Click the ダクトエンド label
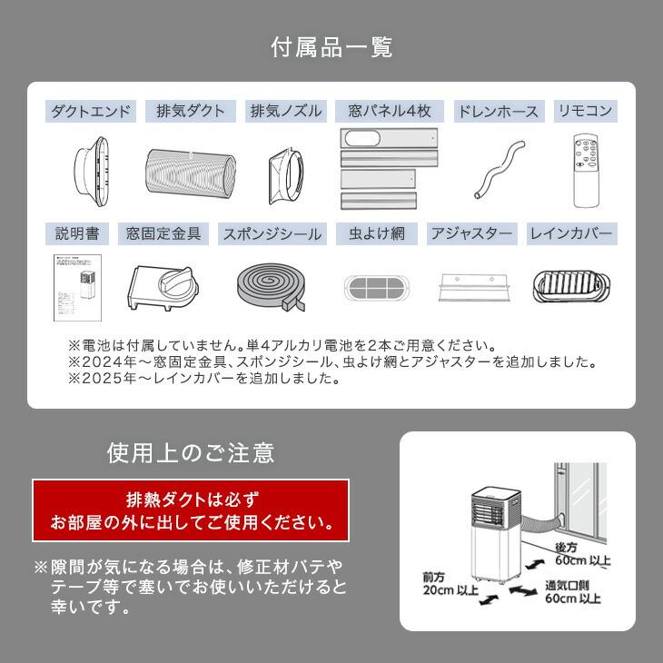(x=91, y=112)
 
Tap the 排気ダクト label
(x=191, y=112)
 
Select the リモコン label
(x=585, y=112)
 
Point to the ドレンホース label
(x=498, y=112)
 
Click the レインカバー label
(x=571, y=233)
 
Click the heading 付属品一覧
(x=331, y=47)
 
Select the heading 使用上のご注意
(x=190, y=451)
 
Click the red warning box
(x=190, y=511)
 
